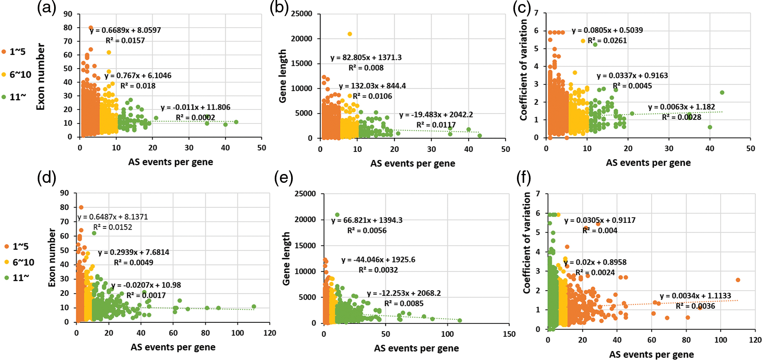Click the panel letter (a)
click(47, 8)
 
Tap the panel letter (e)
click(284, 177)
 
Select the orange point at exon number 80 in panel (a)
click(91, 28)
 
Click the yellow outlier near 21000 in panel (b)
click(350, 34)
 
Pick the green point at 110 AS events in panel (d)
click(254, 307)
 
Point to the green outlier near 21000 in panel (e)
click(337, 215)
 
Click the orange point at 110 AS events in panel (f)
click(738, 280)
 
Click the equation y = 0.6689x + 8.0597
click(125, 30)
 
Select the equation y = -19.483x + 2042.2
click(436, 115)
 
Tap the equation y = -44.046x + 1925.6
click(378, 260)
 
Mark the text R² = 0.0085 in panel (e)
click(404, 303)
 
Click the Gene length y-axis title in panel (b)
click(283, 76)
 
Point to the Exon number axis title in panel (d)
click(52, 257)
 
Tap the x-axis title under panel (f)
click(651, 354)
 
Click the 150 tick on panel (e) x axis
click(509, 334)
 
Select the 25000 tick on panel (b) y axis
click(302, 14)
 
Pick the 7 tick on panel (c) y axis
click(536, 13)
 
